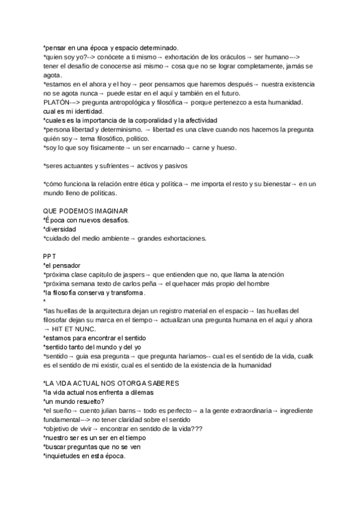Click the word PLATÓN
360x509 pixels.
pos(56,103)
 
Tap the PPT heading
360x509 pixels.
pos(49,255)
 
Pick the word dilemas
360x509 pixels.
pos(138,393)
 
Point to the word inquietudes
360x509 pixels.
pos(64,456)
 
